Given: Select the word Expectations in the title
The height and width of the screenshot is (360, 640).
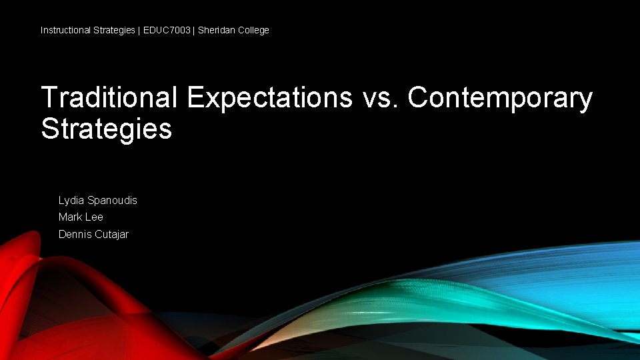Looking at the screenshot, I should tap(269, 97).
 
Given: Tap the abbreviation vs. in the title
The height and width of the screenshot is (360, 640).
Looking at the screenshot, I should tap(381, 97).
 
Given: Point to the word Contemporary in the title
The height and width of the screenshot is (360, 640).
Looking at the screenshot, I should tap(500, 99).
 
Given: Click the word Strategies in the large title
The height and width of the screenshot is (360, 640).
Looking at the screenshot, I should tap(107, 129).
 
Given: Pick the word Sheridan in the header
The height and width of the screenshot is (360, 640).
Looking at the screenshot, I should tap(216, 30).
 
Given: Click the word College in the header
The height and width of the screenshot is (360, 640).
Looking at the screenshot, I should tap(253, 30).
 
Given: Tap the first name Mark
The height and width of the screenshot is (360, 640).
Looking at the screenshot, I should tap(70, 217).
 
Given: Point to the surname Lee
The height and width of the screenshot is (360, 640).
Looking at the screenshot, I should tap(94, 217).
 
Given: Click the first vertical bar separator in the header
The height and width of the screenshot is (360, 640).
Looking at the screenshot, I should tap(139, 30).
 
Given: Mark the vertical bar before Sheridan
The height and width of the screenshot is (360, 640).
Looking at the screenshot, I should tap(193, 30).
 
